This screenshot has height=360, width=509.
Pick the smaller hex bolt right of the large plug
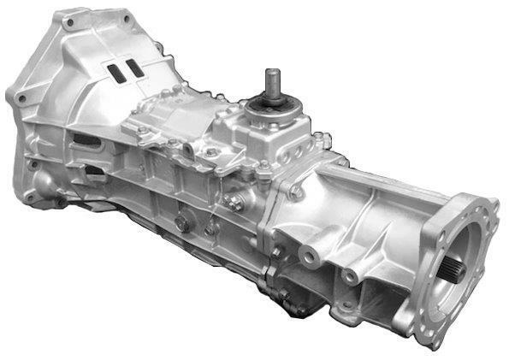[209, 228]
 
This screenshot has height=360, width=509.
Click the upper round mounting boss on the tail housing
[305, 255]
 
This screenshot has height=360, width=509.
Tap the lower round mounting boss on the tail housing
[350, 276]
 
